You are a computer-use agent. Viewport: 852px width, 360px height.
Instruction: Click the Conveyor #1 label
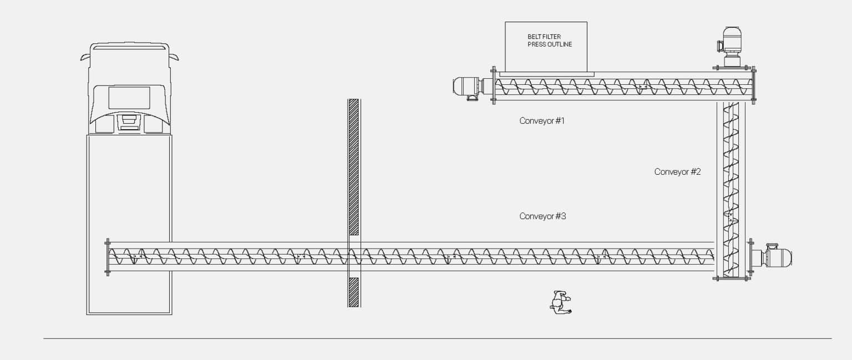point(542,120)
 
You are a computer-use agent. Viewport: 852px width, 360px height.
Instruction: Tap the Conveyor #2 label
point(677,171)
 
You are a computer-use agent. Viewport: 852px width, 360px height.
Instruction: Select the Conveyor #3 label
point(543,216)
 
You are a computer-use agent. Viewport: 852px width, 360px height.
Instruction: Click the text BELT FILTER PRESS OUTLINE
point(550,40)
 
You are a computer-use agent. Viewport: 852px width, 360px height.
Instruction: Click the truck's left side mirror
point(84,58)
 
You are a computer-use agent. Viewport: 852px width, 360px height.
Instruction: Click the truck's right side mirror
point(175,57)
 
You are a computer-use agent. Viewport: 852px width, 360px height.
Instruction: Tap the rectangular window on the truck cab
point(129,98)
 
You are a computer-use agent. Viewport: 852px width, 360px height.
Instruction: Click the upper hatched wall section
point(354,166)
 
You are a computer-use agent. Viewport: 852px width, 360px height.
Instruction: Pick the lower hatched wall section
point(354,292)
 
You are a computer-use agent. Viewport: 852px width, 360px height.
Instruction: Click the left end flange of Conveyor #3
point(107,257)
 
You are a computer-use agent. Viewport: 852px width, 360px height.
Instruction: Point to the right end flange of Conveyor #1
point(753,85)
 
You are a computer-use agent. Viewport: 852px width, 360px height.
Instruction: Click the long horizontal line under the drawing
point(438,338)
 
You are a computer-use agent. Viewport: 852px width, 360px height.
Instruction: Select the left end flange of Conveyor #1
point(494,85)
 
